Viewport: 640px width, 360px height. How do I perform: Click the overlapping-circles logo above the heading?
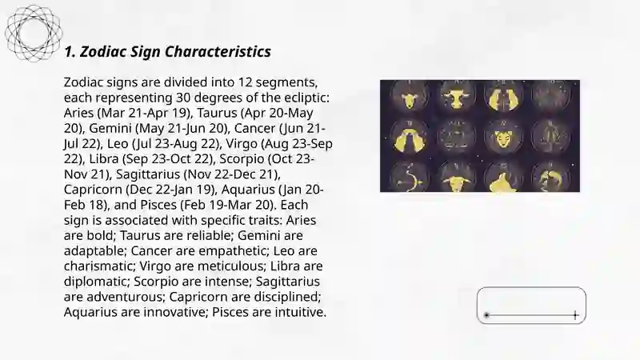pos(34,34)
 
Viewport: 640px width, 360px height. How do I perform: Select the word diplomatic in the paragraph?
pos(96,282)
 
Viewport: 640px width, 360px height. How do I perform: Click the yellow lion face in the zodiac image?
pos(504,138)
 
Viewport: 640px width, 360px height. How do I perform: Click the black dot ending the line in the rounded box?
pos(486,315)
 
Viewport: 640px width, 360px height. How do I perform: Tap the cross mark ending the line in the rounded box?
pos(575,315)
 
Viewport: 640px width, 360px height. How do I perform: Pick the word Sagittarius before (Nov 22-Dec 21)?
pos(148,174)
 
